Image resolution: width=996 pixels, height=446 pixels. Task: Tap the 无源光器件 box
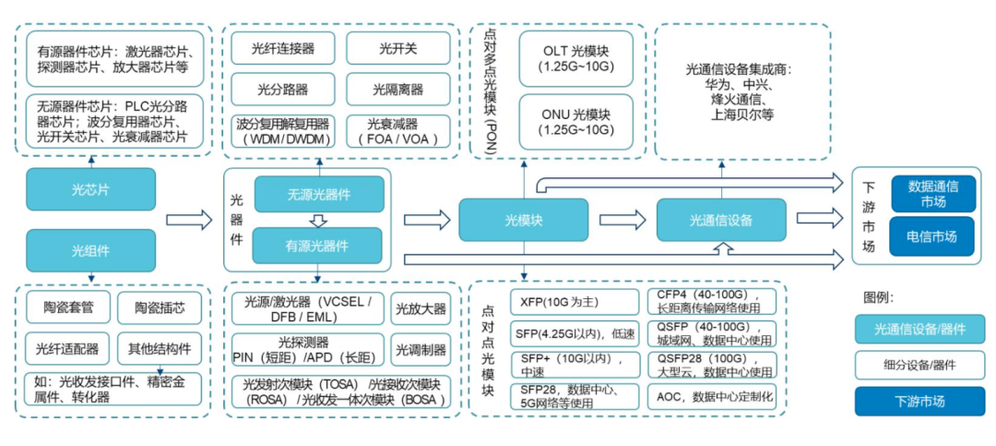pos(318,194)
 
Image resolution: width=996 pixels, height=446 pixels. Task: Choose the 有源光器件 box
pos(318,246)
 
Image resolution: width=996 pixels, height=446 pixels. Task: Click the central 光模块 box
pos(524,220)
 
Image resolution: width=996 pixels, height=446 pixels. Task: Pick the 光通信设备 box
pos(720,220)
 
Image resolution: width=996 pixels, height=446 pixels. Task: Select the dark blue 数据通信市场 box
pos(931,194)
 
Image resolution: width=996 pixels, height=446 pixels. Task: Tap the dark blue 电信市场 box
pos(931,237)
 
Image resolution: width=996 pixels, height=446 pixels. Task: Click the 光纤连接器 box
pos(284,48)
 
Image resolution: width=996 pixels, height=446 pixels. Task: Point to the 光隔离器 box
pos(398,90)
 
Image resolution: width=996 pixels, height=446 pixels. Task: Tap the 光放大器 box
pos(421,308)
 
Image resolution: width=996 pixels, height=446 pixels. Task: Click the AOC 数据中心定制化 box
pos(716,397)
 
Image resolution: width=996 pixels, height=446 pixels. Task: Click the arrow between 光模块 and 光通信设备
pos(622,220)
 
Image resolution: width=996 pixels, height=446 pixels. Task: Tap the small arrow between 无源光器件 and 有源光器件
pos(318,221)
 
